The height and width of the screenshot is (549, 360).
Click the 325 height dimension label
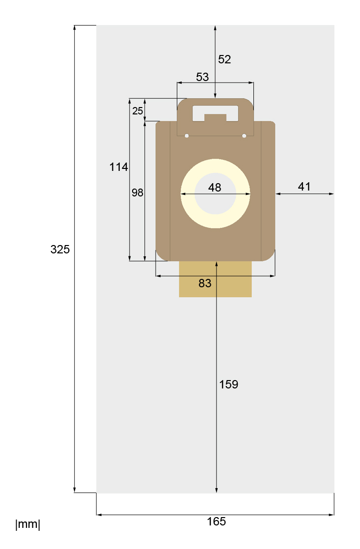click(x=60, y=249)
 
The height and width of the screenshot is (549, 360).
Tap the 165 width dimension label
click(x=217, y=522)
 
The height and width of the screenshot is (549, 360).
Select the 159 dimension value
click(x=229, y=384)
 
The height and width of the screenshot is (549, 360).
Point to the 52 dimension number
click(x=224, y=59)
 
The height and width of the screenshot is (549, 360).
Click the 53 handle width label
click(x=202, y=77)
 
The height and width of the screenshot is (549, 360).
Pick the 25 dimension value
click(x=138, y=110)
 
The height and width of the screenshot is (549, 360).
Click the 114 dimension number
click(x=119, y=166)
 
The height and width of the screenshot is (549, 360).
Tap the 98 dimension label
click(x=138, y=192)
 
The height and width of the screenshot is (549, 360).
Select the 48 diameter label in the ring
click(x=215, y=187)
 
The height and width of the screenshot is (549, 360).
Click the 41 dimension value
click(x=305, y=186)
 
